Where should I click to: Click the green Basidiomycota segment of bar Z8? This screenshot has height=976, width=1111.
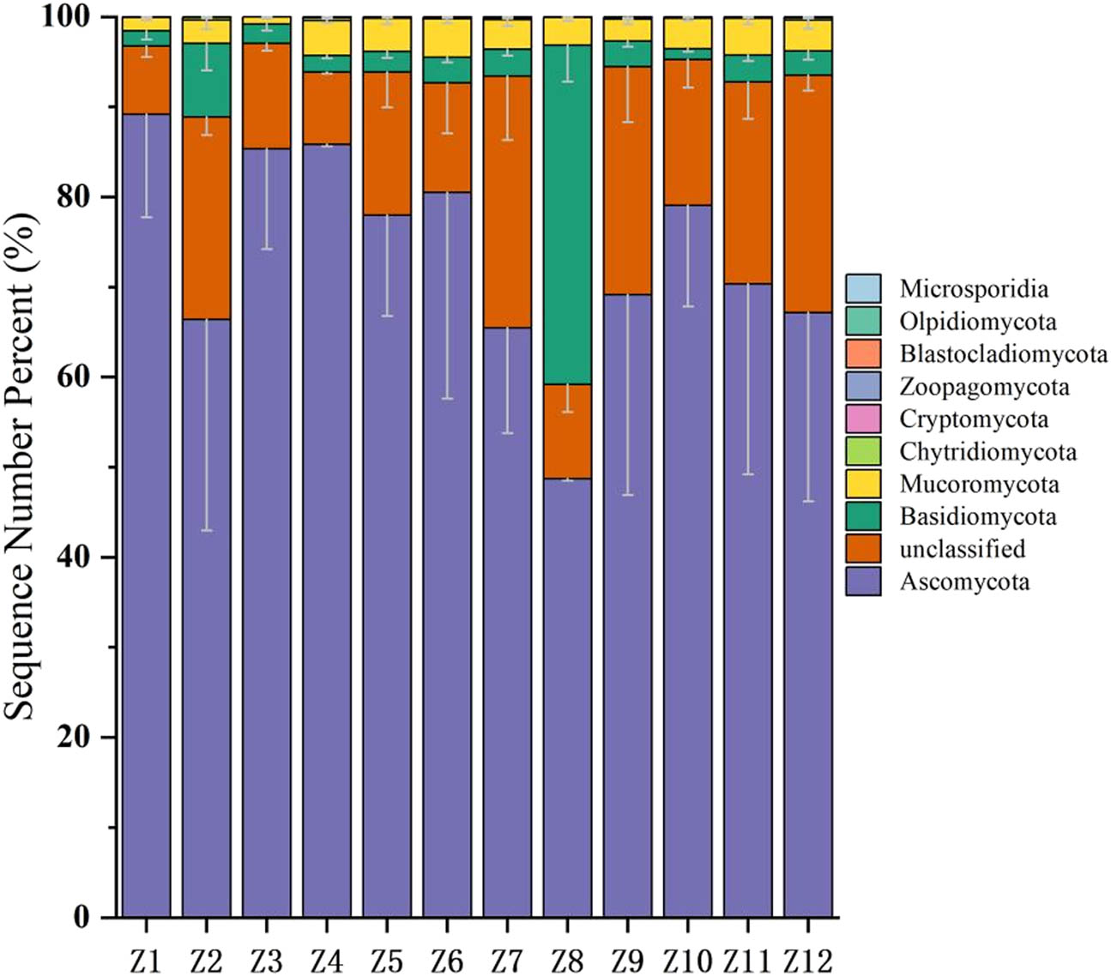pos(567,214)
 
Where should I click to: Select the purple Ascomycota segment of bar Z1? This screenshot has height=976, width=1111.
pos(146,515)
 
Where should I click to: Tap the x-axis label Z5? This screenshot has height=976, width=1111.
pos(386,958)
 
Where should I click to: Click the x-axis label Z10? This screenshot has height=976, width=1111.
pos(687,958)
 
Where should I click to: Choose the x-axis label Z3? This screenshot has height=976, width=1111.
pos(266,958)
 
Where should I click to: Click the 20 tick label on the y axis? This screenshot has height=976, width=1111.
pos(75,738)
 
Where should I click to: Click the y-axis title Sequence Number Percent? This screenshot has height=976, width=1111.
pos(22,467)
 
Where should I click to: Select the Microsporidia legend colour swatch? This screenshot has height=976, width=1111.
pos(863,289)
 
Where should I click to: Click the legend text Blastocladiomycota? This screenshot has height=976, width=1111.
pos(1003,354)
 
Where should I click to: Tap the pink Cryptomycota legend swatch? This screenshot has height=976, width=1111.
pos(863,419)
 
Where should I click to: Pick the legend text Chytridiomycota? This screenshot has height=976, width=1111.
pos(987,452)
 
